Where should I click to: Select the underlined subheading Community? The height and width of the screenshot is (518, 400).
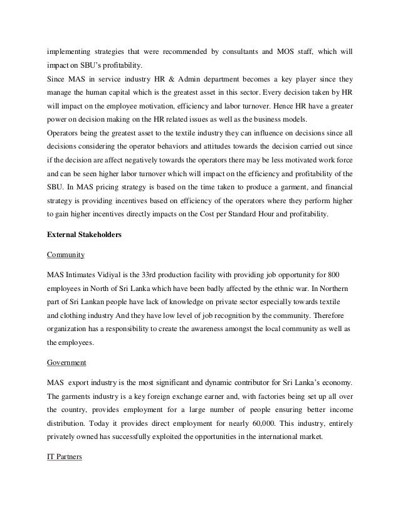pyautogui.click(x=65, y=256)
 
